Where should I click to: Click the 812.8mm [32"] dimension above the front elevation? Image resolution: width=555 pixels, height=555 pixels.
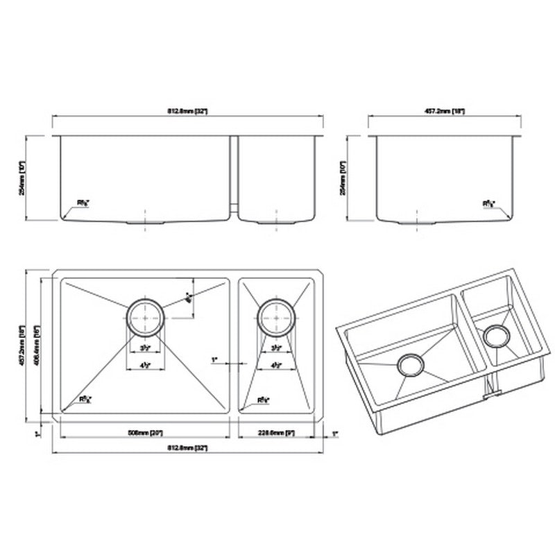point(187,110)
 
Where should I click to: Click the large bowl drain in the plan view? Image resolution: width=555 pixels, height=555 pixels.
point(144,318)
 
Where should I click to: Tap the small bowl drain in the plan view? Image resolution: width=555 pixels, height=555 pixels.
point(276,318)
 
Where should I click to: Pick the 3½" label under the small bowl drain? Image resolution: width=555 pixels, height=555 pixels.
point(276,348)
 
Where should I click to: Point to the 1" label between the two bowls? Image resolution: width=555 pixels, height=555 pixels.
point(215,360)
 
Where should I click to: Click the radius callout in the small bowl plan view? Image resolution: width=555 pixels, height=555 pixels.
point(263,400)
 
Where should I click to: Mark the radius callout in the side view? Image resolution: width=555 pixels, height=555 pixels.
point(489,204)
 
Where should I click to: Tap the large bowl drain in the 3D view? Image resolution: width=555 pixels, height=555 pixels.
point(409,365)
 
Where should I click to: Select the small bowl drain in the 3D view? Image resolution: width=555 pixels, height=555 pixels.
point(497,336)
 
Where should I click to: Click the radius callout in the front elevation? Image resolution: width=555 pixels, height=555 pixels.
point(83,203)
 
